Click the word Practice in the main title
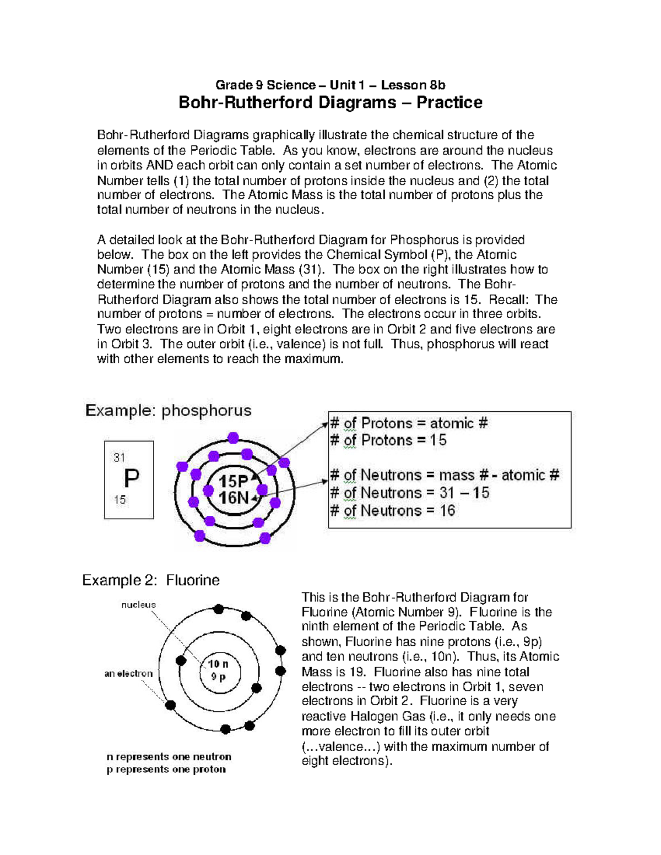pyautogui.click(x=449, y=102)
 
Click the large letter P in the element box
pyautogui.click(x=131, y=478)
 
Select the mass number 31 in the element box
pyautogui.click(x=120, y=457)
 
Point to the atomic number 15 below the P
pyautogui.click(x=120, y=500)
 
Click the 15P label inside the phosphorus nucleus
pyautogui.click(x=234, y=481)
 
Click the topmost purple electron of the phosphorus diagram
pyautogui.click(x=233, y=438)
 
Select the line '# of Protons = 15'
pyautogui.click(x=388, y=440)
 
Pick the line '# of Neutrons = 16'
pyautogui.click(x=392, y=510)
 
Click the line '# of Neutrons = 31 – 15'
pyautogui.click(x=409, y=493)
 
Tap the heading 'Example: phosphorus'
pyautogui.click(x=168, y=411)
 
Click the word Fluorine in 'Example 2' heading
pyautogui.click(x=193, y=580)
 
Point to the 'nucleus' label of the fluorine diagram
pyautogui.click(x=138, y=605)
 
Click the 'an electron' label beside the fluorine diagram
pyautogui.click(x=128, y=673)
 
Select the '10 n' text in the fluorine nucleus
pyautogui.click(x=218, y=664)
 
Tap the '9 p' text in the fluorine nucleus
pyautogui.click(x=219, y=677)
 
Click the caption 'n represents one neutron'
pyautogui.click(x=169, y=756)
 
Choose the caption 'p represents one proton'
pyautogui.click(x=166, y=769)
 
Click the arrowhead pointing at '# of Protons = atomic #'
pyautogui.click(x=325, y=424)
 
